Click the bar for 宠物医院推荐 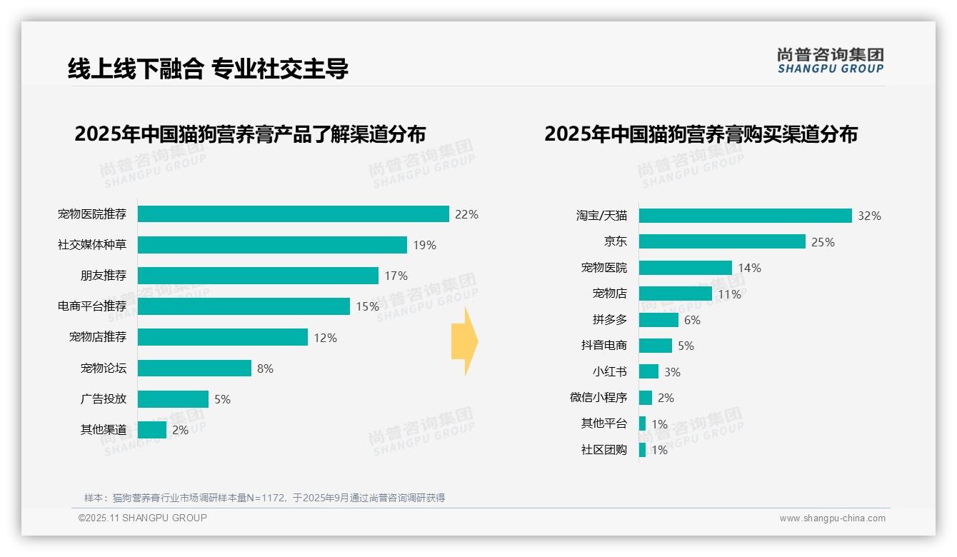[x=293, y=214]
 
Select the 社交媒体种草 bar [x=272, y=245]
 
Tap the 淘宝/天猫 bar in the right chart [x=745, y=216]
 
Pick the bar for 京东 [x=722, y=241]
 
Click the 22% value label [x=466, y=214]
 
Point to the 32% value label [x=869, y=216]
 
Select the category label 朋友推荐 [x=103, y=276]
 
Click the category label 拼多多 [x=609, y=320]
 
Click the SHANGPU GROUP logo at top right [x=830, y=61]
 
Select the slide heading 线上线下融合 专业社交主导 [x=208, y=69]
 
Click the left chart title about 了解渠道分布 [x=250, y=134]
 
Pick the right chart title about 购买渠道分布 [x=701, y=134]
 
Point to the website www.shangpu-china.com [x=832, y=518]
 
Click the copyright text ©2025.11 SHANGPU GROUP [x=143, y=518]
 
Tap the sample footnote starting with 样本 [x=264, y=498]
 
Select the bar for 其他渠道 [x=152, y=430]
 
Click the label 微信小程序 [x=598, y=398]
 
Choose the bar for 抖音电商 [x=656, y=346]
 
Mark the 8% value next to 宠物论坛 [x=265, y=368]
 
